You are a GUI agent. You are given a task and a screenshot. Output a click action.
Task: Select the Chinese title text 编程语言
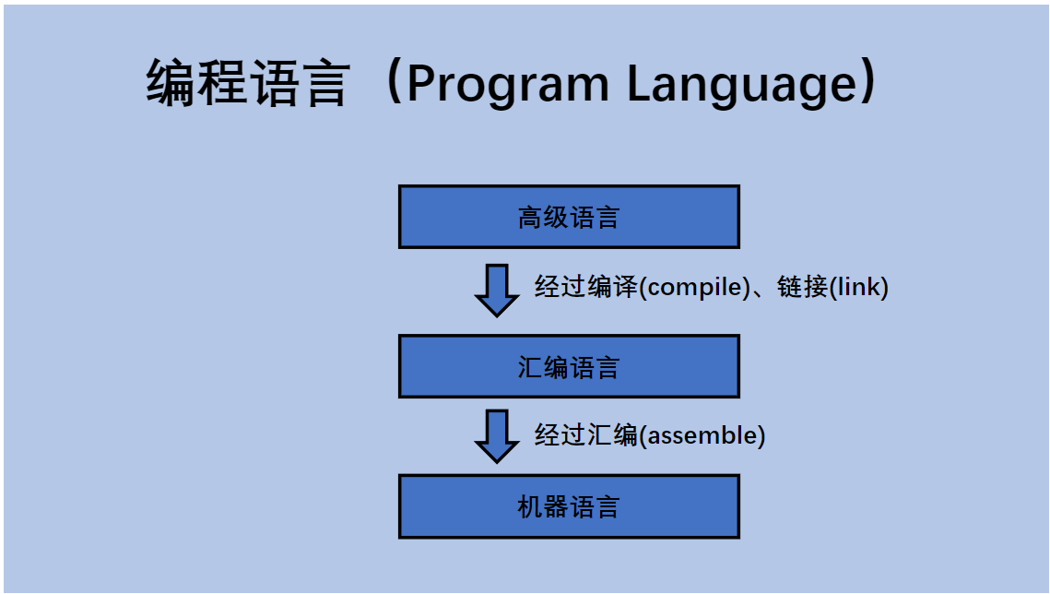pos(248,83)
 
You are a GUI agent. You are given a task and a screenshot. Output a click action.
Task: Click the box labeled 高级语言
pos(569,217)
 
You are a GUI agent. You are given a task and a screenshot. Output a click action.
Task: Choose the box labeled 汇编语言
pos(569,366)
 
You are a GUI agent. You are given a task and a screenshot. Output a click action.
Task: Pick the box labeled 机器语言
pos(569,506)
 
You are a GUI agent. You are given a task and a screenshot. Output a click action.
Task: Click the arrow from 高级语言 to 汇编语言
pos(497,291)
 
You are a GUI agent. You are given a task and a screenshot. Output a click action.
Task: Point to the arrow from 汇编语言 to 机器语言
pos(497,436)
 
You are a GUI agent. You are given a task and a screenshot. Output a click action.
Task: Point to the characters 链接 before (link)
pos(802,287)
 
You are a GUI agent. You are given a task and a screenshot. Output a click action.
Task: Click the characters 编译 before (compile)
pos(613,287)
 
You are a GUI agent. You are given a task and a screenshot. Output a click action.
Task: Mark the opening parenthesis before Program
pos(395,81)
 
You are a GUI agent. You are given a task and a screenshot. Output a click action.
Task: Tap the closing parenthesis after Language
pos(867,81)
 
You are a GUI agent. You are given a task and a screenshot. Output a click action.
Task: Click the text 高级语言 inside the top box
pos(569,218)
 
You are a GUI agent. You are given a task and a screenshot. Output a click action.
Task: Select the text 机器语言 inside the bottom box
pos(569,507)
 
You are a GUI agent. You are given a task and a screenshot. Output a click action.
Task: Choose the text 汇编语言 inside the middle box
pos(569,367)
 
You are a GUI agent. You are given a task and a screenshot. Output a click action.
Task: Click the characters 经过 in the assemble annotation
pos(560,435)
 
